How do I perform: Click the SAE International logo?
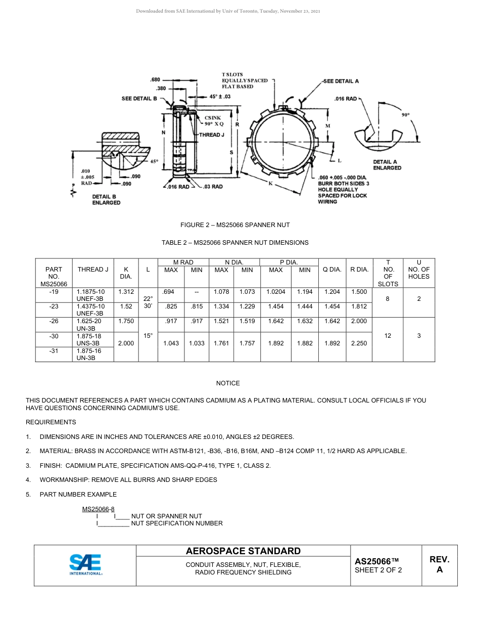[x=86, y=565]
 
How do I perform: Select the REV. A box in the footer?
[x=439, y=565]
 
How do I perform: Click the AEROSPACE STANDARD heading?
[x=243, y=551]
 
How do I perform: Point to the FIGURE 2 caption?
[x=235, y=225]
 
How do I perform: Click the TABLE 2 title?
[x=235, y=243]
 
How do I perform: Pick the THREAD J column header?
[x=93, y=270]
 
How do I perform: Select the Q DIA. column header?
[x=332, y=270]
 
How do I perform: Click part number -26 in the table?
[x=54, y=322]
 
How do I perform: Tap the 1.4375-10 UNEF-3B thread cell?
[x=91, y=309]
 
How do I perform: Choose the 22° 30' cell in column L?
[x=148, y=302]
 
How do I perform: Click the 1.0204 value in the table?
[x=276, y=292]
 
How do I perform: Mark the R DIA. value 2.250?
[x=359, y=343]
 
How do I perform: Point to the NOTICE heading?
[x=228, y=383]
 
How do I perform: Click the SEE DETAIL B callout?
[x=139, y=99]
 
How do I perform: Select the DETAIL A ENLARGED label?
[x=387, y=165]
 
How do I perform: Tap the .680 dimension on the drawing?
[x=155, y=79]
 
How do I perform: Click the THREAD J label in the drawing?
[x=211, y=135]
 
